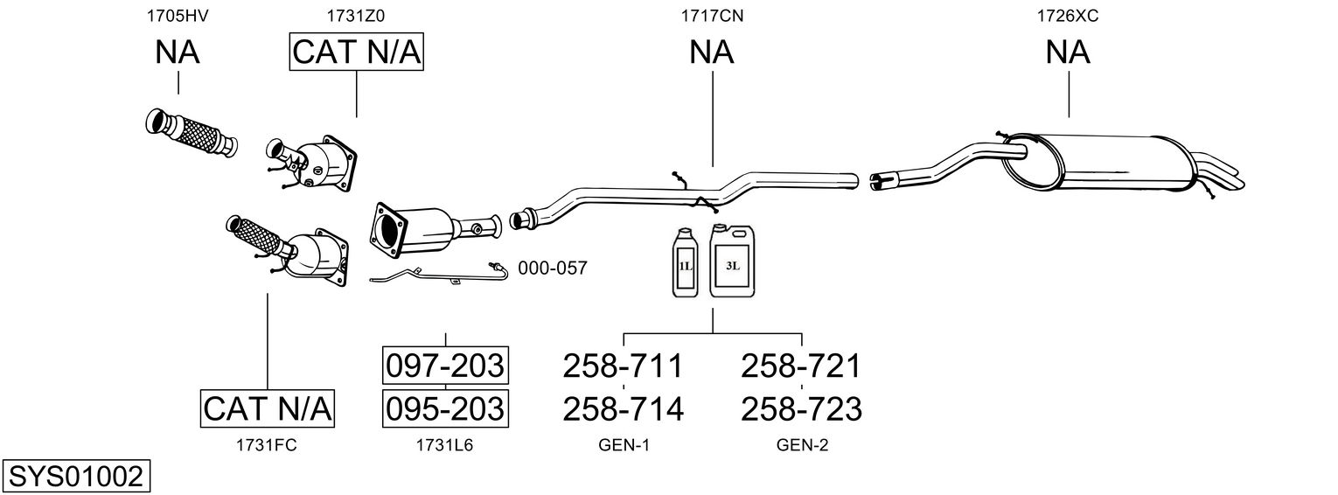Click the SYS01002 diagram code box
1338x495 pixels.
[x=75, y=477]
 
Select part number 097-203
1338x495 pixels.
[x=445, y=366]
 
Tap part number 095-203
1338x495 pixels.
[x=445, y=408]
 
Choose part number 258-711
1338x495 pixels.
[x=623, y=366]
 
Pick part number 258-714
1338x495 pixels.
[x=623, y=408]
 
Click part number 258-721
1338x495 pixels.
[x=801, y=366]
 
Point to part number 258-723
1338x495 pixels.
[x=801, y=408]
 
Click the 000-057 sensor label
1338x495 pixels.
[x=552, y=268]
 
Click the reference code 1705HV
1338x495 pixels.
[x=178, y=15]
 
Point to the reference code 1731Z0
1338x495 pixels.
[x=356, y=15]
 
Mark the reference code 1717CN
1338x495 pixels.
[x=712, y=15]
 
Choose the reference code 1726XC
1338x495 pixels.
[x=1068, y=15]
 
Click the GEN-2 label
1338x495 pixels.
[x=802, y=445]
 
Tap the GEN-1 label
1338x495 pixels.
[x=624, y=445]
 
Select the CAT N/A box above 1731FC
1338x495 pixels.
[x=268, y=408]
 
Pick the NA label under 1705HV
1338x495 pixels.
[x=178, y=52]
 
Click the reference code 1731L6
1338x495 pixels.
[x=444, y=445]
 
